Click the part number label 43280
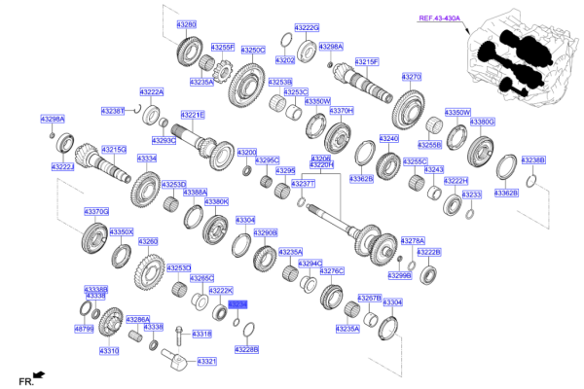[188, 23]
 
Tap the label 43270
[411, 76]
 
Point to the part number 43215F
[366, 61]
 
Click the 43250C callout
[252, 49]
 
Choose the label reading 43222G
[306, 28]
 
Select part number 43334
[146, 158]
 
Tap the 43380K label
[215, 201]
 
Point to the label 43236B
[532, 159]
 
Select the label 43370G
[96, 211]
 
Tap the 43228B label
[247, 348]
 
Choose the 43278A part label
[414, 240]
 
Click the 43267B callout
[370, 297]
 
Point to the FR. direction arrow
[38, 374]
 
